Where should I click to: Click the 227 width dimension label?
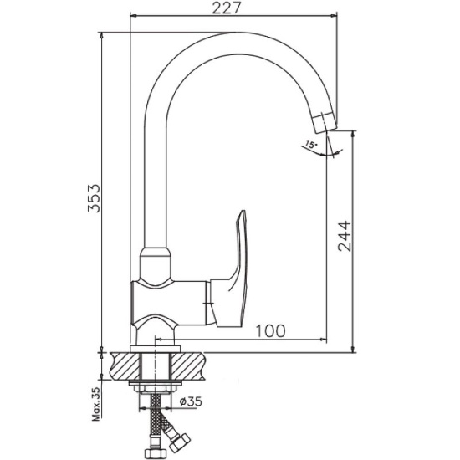[226, 8]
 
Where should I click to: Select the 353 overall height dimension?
[95, 198]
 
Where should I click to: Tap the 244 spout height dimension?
[344, 236]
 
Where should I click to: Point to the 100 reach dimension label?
[270, 331]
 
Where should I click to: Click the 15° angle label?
[311, 145]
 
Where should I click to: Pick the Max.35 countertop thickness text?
[96, 404]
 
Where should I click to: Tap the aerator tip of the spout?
[325, 122]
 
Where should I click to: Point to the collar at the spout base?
[156, 263]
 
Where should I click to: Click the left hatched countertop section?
[125, 365]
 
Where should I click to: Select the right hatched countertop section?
[187, 365]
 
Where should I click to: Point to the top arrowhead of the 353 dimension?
[101, 36]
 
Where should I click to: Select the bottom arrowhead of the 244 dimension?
[353, 348]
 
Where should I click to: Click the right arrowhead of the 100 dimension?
[323, 340]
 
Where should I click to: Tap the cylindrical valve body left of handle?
[169, 303]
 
